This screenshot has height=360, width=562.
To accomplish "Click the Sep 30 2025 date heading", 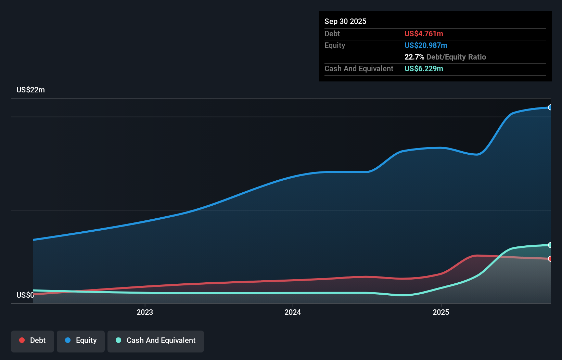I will (x=345, y=21).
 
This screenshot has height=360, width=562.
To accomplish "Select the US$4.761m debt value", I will (x=423, y=34).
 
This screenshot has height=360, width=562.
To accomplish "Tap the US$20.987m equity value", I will (x=425, y=45).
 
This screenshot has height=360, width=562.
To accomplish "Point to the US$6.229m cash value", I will (x=423, y=68).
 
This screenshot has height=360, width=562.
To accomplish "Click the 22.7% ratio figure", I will (x=414, y=57).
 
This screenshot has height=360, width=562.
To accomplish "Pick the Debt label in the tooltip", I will (x=332, y=34).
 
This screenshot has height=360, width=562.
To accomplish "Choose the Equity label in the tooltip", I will (x=334, y=45).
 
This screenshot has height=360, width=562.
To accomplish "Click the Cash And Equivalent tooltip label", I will (x=359, y=68).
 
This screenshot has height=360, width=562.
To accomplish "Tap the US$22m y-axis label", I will (x=30, y=90).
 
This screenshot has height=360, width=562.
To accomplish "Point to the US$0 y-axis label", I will (x=25, y=295).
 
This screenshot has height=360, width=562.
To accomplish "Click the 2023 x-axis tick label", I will (x=144, y=312).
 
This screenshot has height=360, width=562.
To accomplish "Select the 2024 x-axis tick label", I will (x=293, y=312).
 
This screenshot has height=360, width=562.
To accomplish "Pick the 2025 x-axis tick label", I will (x=440, y=312).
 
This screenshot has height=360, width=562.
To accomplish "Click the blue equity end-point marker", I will (x=550, y=107).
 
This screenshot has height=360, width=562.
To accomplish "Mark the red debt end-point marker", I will (x=550, y=259).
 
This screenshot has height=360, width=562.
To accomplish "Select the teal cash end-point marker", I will (x=550, y=245).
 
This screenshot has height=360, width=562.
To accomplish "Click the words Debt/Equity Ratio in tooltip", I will (x=456, y=57).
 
